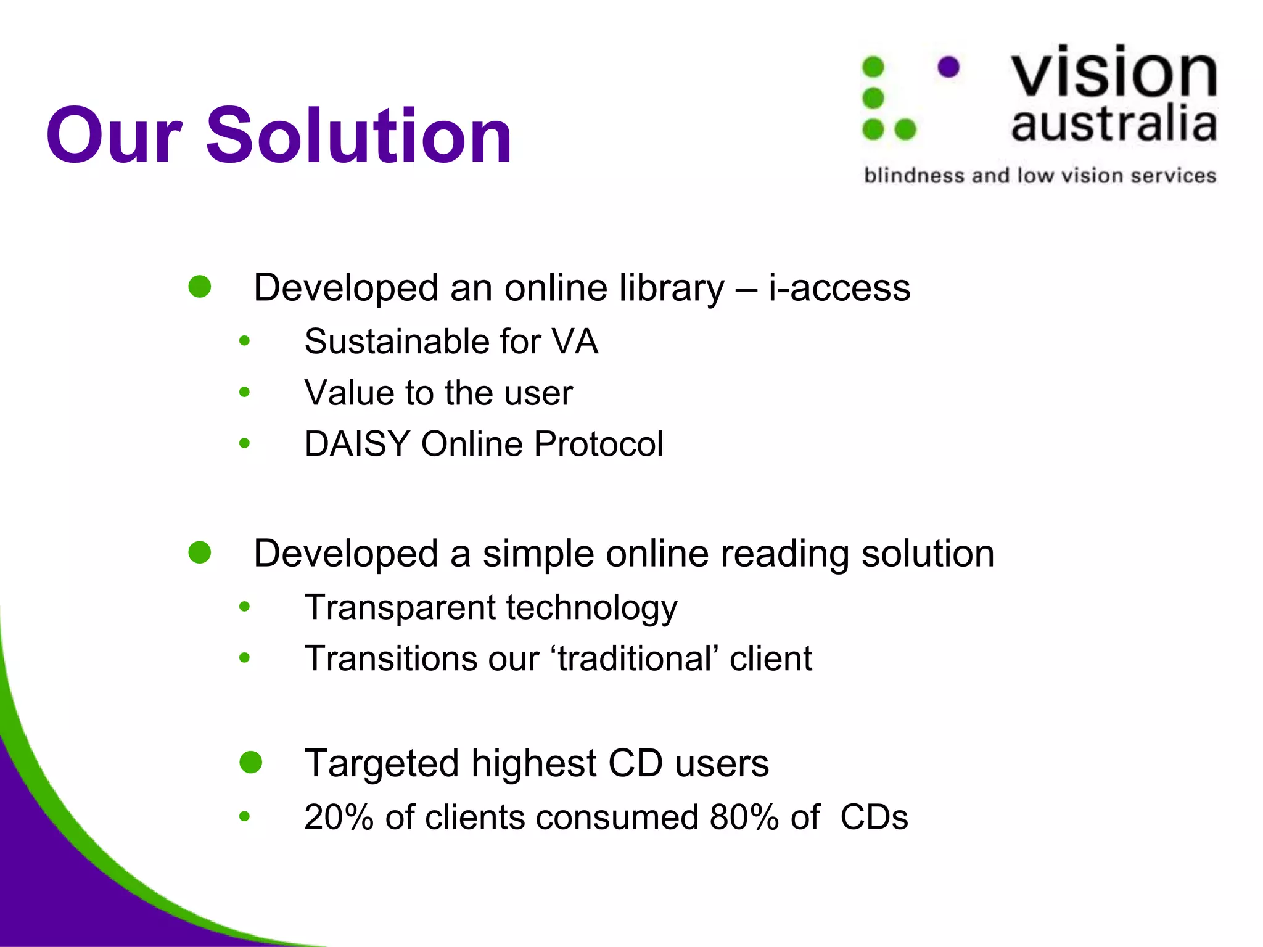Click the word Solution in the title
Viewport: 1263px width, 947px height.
click(x=358, y=136)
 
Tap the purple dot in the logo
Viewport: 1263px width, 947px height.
click(x=948, y=67)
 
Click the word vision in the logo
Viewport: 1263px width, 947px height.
click(x=1114, y=73)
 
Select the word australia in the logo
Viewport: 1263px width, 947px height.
click(x=1114, y=123)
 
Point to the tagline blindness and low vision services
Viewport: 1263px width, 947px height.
click(x=1040, y=176)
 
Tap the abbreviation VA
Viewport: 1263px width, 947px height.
click(x=575, y=342)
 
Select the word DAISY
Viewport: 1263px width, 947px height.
click(x=357, y=444)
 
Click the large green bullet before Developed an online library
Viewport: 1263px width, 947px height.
click(x=200, y=287)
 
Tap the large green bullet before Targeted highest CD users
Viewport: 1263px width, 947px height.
click(x=251, y=763)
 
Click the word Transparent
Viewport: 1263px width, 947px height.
click(x=400, y=608)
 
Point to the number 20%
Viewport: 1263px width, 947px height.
click(x=339, y=818)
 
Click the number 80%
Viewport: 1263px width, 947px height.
click(x=744, y=818)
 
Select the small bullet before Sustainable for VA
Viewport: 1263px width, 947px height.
click(x=245, y=341)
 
